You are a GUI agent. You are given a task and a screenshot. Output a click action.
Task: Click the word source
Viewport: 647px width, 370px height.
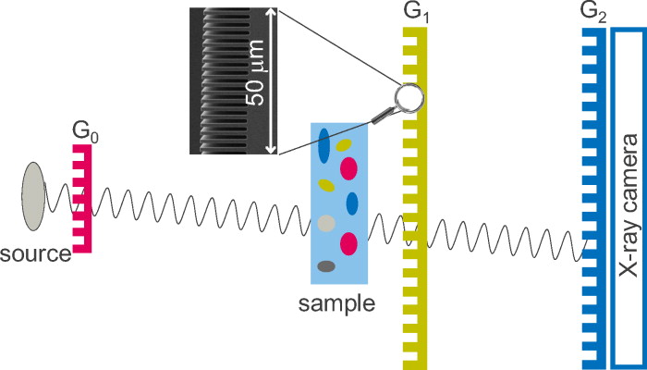(37, 253)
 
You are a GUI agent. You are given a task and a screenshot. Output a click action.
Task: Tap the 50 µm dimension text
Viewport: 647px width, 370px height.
(256, 81)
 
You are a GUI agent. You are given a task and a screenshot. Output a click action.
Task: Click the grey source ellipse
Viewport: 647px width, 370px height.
(34, 195)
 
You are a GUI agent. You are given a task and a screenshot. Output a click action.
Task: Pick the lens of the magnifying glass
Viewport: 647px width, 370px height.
(407, 95)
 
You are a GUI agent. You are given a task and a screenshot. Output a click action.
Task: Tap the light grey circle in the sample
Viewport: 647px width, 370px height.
(324, 223)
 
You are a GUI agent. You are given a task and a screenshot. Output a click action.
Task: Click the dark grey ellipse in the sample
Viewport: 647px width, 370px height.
(325, 267)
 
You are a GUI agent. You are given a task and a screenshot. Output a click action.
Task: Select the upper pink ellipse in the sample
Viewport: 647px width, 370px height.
(348, 168)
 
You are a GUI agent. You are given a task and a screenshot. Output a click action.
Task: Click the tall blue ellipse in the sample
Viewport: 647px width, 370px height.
(323, 144)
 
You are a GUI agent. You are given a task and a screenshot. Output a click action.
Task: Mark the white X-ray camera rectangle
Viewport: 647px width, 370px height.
(629, 194)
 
